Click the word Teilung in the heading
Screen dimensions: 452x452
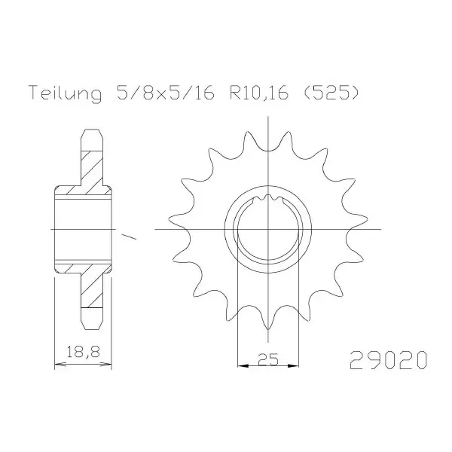point(66,93)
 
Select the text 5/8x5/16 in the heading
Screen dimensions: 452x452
point(166,92)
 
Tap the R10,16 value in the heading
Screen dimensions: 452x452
point(259,93)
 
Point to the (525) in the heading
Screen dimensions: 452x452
point(331,93)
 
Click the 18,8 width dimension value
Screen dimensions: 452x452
point(83,352)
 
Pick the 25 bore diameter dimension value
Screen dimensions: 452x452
point(268,359)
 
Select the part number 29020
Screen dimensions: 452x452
point(388,360)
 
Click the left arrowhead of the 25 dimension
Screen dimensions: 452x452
point(243,366)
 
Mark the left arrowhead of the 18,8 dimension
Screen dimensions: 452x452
point(60,365)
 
